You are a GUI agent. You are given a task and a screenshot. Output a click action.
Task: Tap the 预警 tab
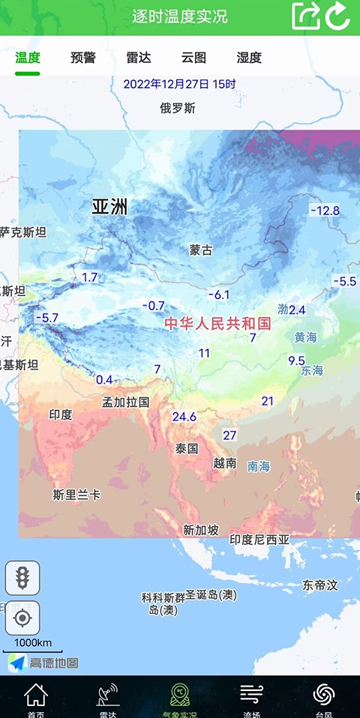[83, 57]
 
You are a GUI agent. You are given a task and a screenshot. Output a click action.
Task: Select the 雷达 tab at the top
[139, 57]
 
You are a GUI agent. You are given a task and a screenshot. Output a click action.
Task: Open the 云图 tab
[193, 57]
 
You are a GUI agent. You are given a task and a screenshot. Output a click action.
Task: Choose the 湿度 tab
[249, 57]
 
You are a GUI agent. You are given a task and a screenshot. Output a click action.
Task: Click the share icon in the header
[305, 16]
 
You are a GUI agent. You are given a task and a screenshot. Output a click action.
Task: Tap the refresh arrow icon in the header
[338, 16]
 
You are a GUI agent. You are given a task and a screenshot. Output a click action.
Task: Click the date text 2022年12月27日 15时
[180, 84]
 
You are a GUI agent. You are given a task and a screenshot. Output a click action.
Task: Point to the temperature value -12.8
[325, 211]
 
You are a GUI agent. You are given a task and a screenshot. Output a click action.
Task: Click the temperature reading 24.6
[184, 417]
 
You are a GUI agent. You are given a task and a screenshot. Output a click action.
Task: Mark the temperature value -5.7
[46, 318]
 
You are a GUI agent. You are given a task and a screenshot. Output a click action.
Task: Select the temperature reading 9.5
[296, 360]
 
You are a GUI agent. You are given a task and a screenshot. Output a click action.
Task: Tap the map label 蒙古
[201, 250]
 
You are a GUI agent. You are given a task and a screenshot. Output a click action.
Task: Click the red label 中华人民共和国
[217, 323]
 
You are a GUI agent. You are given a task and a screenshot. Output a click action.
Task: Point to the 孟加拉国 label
[126, 402]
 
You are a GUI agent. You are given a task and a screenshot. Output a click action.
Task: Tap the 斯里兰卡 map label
[76, 495]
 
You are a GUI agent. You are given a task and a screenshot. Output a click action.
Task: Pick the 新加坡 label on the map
[201, 530]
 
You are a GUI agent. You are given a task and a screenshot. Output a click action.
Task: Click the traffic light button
[22, 578]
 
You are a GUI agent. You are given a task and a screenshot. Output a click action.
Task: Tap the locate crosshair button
[22, 618]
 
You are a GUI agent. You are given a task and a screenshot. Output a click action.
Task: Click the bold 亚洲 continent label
[109, 207]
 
